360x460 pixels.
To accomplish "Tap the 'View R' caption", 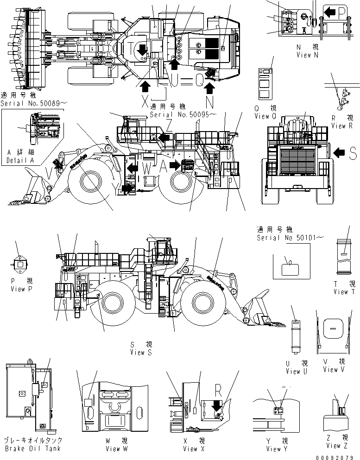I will [x=339, y=126].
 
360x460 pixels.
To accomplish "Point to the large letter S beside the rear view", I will [x=352, y=153].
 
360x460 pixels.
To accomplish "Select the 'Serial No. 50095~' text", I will [x=178, y=113].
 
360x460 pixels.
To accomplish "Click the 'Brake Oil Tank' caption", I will [x=32, y=448].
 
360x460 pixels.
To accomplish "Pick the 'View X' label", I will [x=190, y=448].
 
